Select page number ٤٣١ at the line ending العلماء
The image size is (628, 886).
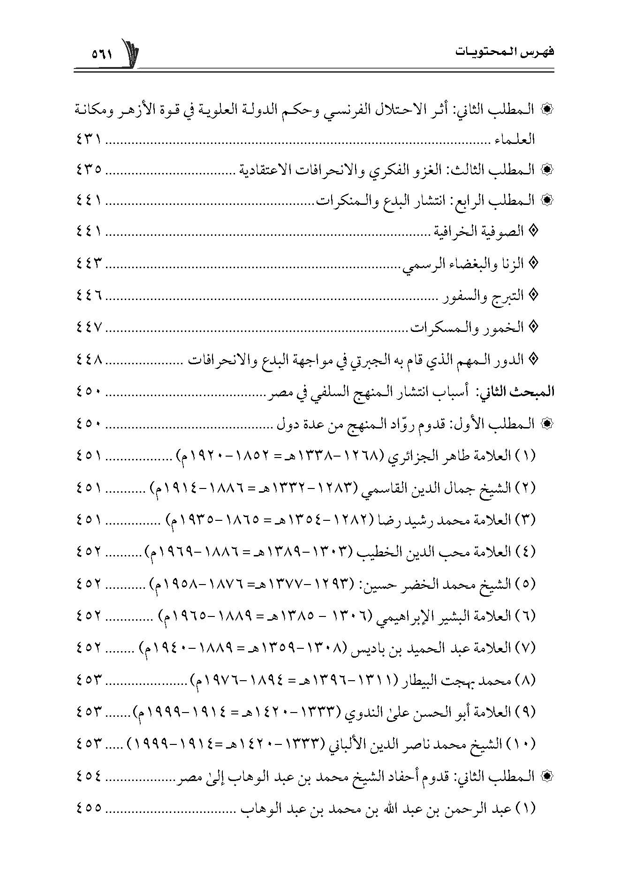click(89, 140)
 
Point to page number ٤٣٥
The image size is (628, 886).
click(89, 169)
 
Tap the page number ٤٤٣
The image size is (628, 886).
click(89, 263)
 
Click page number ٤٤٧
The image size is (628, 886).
click(89, 328)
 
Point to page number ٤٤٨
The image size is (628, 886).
click(89, 360)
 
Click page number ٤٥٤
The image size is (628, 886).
click(89, 776)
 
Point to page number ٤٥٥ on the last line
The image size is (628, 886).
click(89, 808)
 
